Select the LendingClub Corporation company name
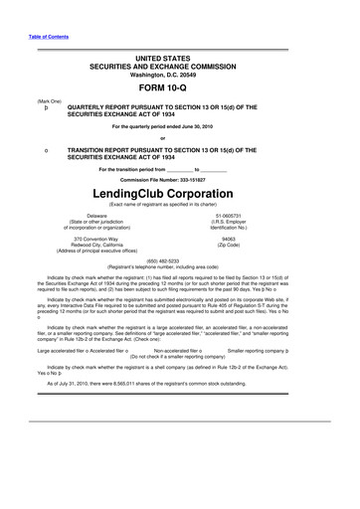tap(181, 189)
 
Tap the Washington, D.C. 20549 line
tap(181, 72)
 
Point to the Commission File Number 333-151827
tap(181, 176)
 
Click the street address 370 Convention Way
tap(97, 239)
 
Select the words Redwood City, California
tap(97, 246)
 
